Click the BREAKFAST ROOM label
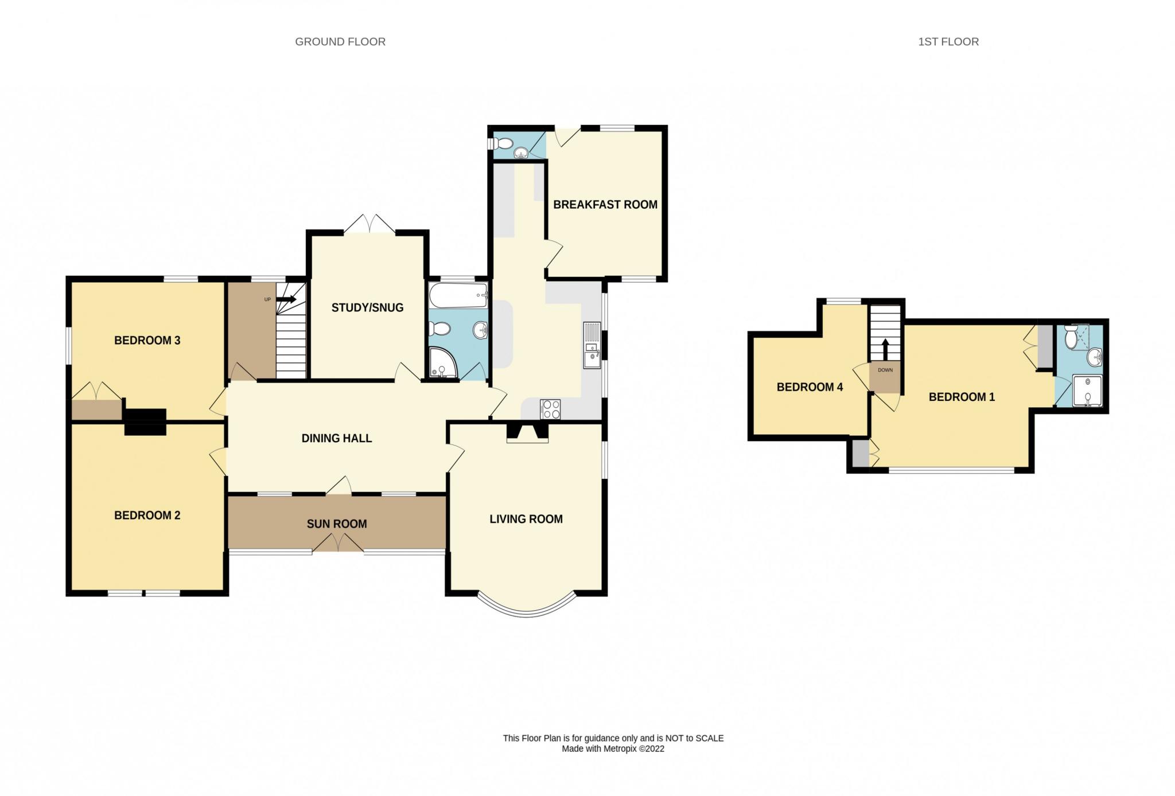pos(605,205)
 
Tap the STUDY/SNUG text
pos(367,308)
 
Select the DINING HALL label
pos(337,439)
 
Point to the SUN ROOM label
pos(337,524)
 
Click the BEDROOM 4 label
pos(810,387)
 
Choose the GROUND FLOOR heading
pos(340,42)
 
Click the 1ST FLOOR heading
pos(948,42)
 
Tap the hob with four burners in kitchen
pos(550,409)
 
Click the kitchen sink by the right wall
pos(592,345)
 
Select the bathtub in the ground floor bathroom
pos(458,295)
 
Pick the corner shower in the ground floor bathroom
pos(443,363)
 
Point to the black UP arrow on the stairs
pos(286,299)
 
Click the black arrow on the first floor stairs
pos(885,349)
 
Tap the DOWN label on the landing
pos(885,370)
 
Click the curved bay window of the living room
pos(527,612)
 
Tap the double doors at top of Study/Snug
pos(370,224)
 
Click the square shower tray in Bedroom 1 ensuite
pos(1088,391)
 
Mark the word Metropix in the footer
pos(620,749)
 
